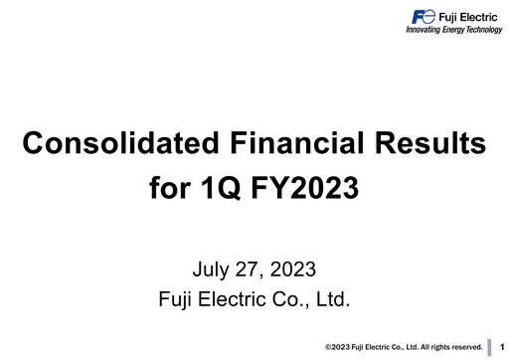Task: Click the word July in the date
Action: point(213,269)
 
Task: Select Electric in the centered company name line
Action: point(244,298)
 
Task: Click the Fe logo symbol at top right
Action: point(422,17)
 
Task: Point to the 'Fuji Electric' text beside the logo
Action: point(470,17)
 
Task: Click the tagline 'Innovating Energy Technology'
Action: point(453,31)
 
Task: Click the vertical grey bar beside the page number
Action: point(490,346)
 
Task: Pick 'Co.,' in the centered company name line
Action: point(295,298)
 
